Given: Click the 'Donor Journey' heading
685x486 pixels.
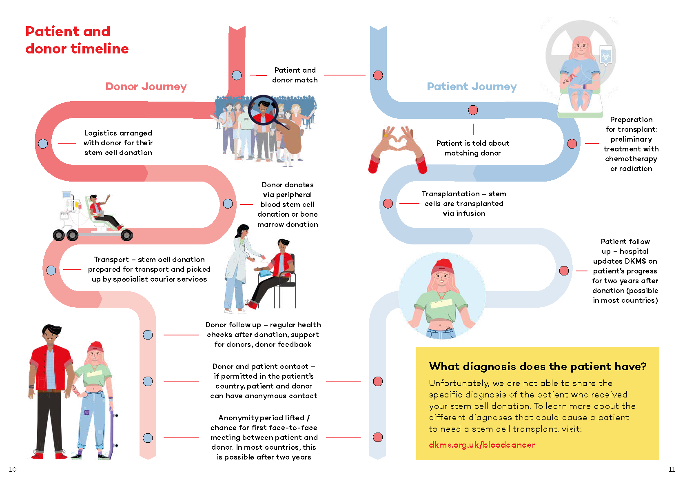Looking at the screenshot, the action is click(x=146, y=87).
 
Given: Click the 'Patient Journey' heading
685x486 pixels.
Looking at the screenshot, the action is click(x=472, y=87).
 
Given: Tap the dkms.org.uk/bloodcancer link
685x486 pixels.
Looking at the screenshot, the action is click(x=482, y=444).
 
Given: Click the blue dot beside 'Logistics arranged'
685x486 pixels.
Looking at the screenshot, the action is click(x=43, y=143).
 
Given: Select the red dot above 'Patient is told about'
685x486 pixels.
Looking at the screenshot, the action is click(x=473, y=110).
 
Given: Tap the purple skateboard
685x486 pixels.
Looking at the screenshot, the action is click(x=113, y=431).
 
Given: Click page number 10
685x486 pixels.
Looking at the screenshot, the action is click(x=13, y=470).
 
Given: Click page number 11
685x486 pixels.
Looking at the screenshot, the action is click(x=672, y=470).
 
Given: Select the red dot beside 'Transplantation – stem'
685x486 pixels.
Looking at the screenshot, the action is click(x=388, y=203).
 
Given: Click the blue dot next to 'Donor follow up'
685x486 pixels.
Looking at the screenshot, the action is click(x=148, y=335).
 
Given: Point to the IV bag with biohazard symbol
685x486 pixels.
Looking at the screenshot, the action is click(x=605, y=55).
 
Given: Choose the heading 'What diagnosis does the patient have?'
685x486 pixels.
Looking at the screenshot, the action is click(x=538, y=366).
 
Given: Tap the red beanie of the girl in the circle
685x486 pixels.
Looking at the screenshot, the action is click(x=443, y=266).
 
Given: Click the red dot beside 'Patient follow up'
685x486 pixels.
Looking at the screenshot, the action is click(x=564, y=271).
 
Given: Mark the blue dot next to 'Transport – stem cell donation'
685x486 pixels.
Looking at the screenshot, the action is click(x=51, y=270).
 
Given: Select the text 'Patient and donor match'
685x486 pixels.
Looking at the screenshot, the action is click(x=295, y=75).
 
